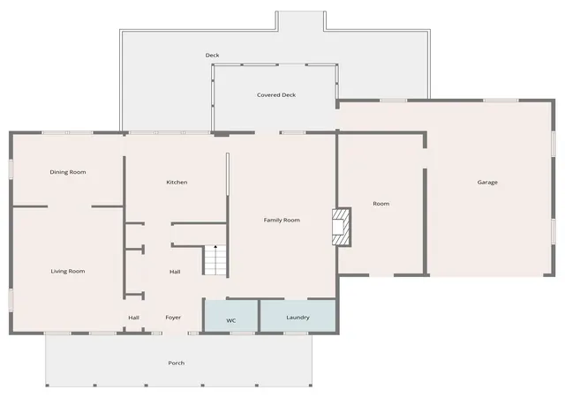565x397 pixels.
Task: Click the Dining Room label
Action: pyautogui.click(x=68, y=172)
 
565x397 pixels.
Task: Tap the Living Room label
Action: pyautogui.click(x=68, y=271)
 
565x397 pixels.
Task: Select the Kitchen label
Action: pyautogui.click(x=177, y=183)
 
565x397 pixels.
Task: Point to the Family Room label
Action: pyautogui.click(x=282, y=221)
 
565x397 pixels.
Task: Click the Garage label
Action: pyautogui.click(x=487, y=183)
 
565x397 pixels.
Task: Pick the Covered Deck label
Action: pyautogui.click(x=276, y=95)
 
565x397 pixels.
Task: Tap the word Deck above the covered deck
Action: pyautogui.click(x=212, y=55)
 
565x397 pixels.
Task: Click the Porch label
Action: pyautogui.click(x=177, y=363)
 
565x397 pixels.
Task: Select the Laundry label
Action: pyautogui.click(x=298, y=318)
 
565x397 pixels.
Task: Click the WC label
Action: pyautogui.click(x=231, y=320)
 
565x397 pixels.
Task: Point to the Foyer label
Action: pyautogui.click(x=173, y=318)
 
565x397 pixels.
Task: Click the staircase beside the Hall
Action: pyautogui.click(x=215, y=259)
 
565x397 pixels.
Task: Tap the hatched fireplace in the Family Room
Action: pyautogui.click(x=342, y=227)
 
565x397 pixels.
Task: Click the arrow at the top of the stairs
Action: pyautogui.click(x=215, y=247)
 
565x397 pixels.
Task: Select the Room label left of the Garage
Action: pyautogui.click(x=380, y=204)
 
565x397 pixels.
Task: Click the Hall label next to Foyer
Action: pyautogui.click(x=133, y=318)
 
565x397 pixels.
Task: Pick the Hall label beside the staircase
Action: pyautogui.click(x=175, y=272)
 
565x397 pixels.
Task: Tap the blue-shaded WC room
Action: pyautogui.click(x=231, y=316)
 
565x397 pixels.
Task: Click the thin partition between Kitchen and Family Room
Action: pyautogui.click(x=228, y=175)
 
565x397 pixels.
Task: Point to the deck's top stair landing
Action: pyautogui.click(x=300, y=20)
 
